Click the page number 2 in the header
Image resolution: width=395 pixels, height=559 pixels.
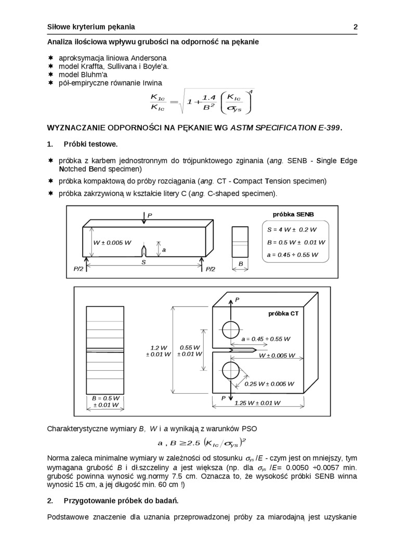[355, 27]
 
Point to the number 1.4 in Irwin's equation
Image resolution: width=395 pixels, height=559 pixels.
[209, 98]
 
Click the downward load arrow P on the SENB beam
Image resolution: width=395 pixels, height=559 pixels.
[144, 219]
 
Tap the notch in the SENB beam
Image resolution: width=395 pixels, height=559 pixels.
[145, 251]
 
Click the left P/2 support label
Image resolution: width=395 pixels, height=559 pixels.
[78, 269]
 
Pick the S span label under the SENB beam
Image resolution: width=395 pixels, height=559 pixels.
[143, 263]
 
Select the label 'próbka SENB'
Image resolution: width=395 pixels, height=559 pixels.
[293, 214]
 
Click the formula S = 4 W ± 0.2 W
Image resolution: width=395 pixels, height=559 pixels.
[292, 229]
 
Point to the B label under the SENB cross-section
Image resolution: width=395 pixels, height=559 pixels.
[241, 264]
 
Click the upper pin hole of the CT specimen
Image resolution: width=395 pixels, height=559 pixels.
[230, 329]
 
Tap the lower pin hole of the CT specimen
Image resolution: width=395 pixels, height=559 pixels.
[230, 371]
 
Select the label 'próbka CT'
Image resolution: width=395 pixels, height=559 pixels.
[283, 314]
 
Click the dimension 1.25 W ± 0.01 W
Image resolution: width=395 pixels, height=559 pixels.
[257, 403]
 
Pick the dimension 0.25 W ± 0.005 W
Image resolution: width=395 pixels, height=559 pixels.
[269, 384]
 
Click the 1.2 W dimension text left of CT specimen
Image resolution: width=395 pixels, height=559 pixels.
[159, 348]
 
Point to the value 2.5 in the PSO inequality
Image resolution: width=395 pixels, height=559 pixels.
[193, 443]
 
